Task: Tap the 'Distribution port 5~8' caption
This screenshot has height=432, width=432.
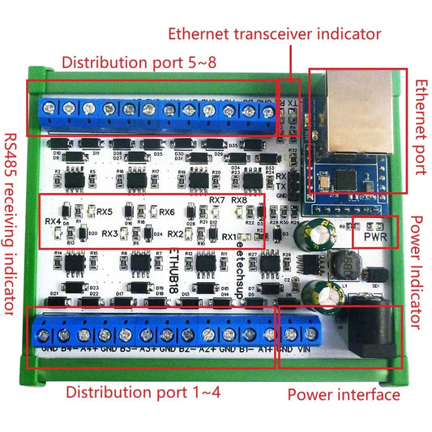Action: pos(134,62)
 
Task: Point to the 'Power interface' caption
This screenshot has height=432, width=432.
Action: pos(344,395)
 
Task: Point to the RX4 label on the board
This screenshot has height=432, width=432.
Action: pos(54,220)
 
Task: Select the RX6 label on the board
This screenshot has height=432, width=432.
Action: pos(166,212)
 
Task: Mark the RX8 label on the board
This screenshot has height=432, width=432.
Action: pos(239,200)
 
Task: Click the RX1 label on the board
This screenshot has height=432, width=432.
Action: pos(229,237)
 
